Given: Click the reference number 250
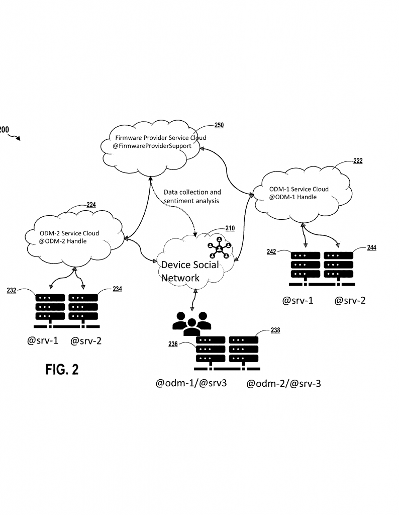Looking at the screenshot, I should pyautogui.click(x=219, y=125).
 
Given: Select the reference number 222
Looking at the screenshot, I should pyautogui.click(x=358, y=161).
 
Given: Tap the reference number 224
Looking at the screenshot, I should pyautogui.click(x=91, y=205).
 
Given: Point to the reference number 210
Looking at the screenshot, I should pyautogui.click(x=230, y=228).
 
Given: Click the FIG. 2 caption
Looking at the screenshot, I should pyautogui.click(x=62, y=370).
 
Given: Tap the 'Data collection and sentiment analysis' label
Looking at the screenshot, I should pyautogui.click(x=192, y=197).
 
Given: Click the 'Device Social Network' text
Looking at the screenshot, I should pyautogui.click(x=189, y=271).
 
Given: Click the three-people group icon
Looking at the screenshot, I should pyautogui.click(x=189, y=323).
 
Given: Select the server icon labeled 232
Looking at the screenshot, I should pyautogui.click(x=50, y=307).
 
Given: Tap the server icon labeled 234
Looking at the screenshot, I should pyautogui.click(x=83, y=307).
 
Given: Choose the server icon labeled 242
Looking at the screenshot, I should pyautogui.click(x=305, y=264).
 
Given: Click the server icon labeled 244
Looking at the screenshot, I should pyautogui.click(x=338, y=264).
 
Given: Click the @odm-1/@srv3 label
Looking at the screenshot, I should pyautogui.click(x=191, y=384).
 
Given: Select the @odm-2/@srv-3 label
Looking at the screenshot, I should pyautogui.click(x=283, y=384).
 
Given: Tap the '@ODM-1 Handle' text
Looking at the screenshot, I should pyautogui.click(x=293, y=197).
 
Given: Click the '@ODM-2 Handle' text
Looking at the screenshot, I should pyautogui.click(x=64, y=241).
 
